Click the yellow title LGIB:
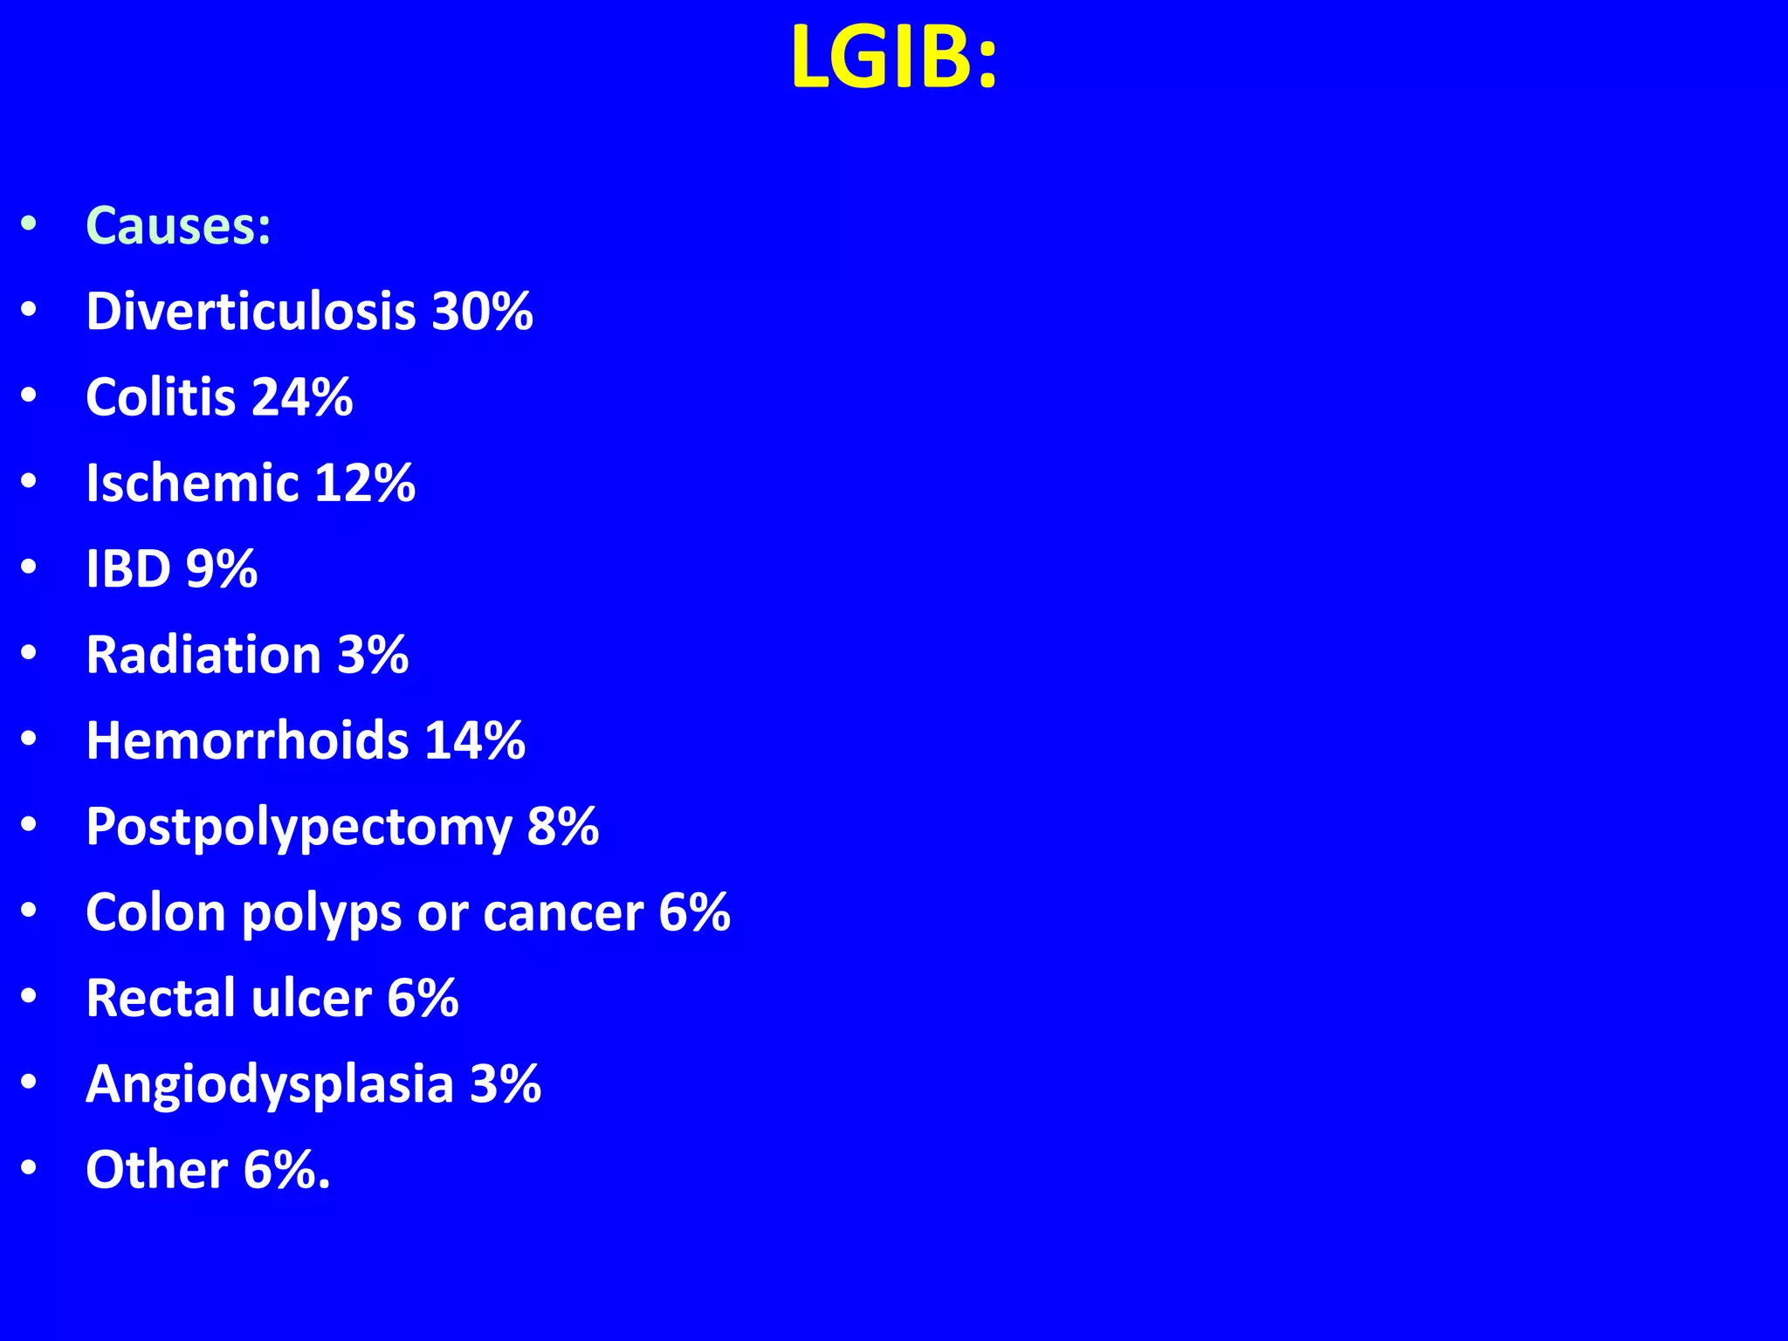point(893,58)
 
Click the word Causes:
point(178,226)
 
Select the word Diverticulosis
point(251,311)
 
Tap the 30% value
point(482,311)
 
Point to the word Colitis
point(161,397)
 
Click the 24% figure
point(302,397)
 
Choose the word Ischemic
point(192,483)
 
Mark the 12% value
point(365,483)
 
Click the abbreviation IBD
point(128,569)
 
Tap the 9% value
point(222,569)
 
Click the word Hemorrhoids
point(247,740)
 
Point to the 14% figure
point(475,740)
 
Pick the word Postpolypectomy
point(299,827)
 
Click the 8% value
point(563,827)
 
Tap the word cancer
point(563,913)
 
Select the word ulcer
point(311,998)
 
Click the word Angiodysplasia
point(270,1084)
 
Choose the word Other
point(157,1170)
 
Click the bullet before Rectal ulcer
point(29,997)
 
